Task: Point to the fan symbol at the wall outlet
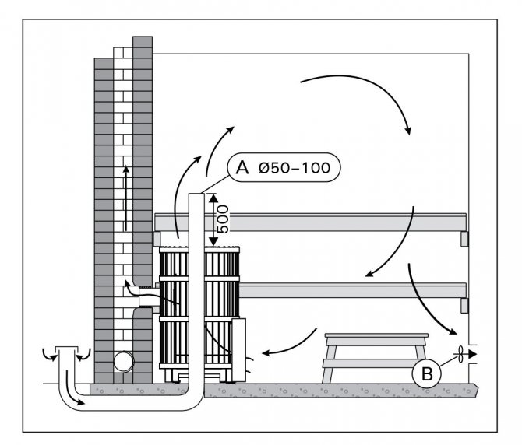(462, 355)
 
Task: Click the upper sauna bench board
(312, 223)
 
